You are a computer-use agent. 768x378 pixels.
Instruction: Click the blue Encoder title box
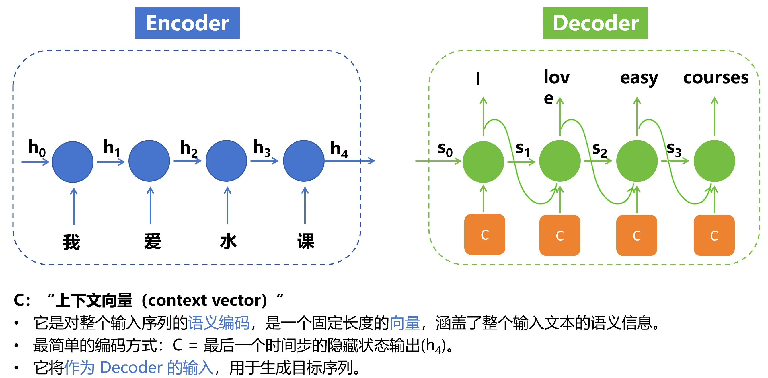click(187, 23)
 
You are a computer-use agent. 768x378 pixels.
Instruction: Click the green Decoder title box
click(595, 23)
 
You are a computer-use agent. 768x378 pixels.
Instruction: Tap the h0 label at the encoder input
click(37, 148)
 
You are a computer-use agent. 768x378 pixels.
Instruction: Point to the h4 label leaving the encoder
click(339, 149)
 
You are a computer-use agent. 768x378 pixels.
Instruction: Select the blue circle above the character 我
click(73, 162)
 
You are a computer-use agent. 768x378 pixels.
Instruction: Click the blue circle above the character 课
click(303, 161)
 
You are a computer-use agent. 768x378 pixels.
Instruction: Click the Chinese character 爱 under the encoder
click(152, 241)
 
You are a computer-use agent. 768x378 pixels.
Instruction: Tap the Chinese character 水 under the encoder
click(228, 241)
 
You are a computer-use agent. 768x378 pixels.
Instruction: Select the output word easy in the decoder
click(639, 78)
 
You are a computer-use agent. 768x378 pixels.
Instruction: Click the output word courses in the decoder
click(716, 78)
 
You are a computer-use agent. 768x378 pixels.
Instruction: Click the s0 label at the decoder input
click(445, 149)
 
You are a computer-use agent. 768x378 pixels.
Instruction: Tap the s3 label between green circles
click(674, 149)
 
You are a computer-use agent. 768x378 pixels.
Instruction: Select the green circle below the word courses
click(714, 161)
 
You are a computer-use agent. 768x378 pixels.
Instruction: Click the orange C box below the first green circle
click(484, 234)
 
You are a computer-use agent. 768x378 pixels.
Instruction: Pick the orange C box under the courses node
click(714, 235)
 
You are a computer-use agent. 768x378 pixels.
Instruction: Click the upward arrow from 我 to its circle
click(74, 206)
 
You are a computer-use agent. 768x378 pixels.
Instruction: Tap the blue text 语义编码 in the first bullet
click(219, 323)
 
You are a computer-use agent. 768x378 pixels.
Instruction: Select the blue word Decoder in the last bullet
click(131, 367)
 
